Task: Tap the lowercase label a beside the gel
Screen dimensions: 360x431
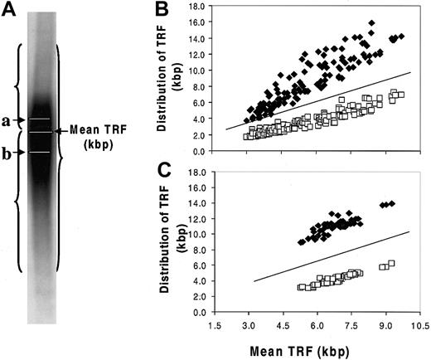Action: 7,121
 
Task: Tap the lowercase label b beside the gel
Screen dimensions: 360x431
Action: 7,152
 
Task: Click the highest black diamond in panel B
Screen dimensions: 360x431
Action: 371,22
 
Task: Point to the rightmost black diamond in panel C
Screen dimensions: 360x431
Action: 392,203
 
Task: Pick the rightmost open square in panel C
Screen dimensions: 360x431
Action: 392,263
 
